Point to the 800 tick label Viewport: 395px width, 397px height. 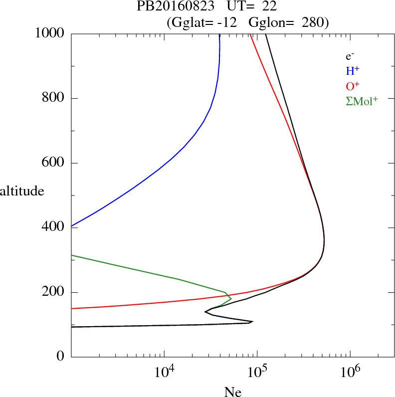tap(53, 98)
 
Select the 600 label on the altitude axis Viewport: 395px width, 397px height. tap(53, 163)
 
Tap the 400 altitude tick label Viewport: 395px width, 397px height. tap(53, 227)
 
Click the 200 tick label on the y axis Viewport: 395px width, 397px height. tap(53, 292)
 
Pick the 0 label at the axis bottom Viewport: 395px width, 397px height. tap(60, 357)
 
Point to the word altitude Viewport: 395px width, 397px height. tap(22, 191)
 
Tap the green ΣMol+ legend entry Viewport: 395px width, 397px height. tap(362, 101)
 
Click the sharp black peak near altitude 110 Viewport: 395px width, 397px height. tap(252, 322)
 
